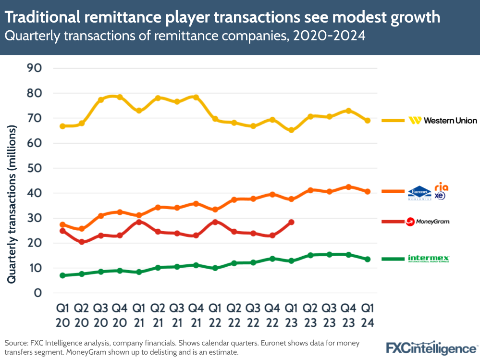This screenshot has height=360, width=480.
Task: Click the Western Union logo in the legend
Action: [x=443, y=120]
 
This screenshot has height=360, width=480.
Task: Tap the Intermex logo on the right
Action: [x=428, y=259]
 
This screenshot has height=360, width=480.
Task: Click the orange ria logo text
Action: [x=441, y=186]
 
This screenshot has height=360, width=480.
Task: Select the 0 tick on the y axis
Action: [x=37, y=293]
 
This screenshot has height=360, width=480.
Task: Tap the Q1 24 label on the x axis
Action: [x=367, y=314]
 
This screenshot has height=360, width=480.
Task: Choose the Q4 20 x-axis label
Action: [x=120, y=314]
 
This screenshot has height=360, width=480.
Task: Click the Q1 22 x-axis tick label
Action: [x=215, y=314]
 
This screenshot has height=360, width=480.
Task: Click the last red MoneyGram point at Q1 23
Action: [x=291, y=222]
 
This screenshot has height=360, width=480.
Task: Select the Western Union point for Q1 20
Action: [x=62, y=126]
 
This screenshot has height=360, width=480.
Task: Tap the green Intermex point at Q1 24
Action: [x=367, y=259]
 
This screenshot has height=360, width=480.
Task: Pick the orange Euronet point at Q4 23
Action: [x=348, y=187]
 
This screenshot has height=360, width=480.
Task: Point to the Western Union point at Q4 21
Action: [x=196, y=97]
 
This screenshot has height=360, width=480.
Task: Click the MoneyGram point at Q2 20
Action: [x=82, y=242]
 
